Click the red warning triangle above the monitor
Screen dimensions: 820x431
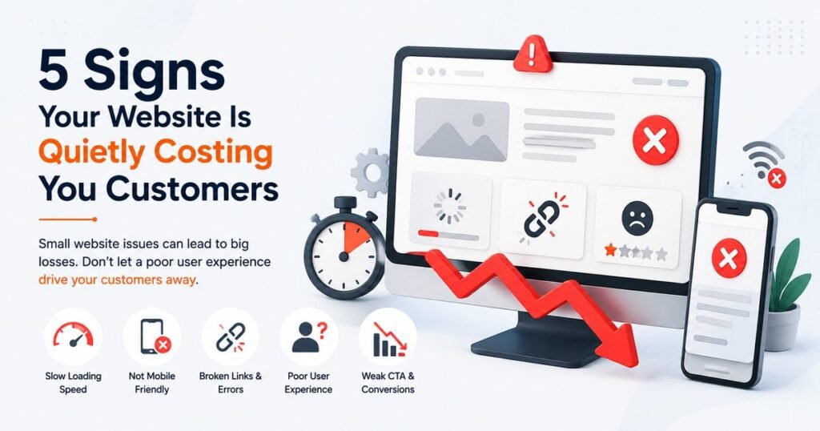pyautogui.click(x=533, y=54)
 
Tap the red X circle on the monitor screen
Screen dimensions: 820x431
pyautogui.click(x=655, y=140)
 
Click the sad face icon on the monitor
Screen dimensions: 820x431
pyautogui.click(x=637, y=219)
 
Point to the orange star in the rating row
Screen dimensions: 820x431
pyautogui.click(x=610, y=251)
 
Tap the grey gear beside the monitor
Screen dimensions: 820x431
pyautogui.click(x=370, y=172)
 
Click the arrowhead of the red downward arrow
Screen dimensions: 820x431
pyautogui.click(x=619, y=344)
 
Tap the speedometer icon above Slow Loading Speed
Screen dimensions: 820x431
pyautogui.click(x=73, y=336)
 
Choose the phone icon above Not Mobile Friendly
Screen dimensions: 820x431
pyautogui.click(x=155, y=336)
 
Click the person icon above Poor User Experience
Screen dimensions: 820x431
pyautogui.click(x=308, y=336)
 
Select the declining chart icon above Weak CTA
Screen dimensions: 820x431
pyautogui.click(x=390, y=339)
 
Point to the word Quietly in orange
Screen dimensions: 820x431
pyautogui.click(x=91, y=154)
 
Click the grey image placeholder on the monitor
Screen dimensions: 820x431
pyautogui.click(x=461, y=130)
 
